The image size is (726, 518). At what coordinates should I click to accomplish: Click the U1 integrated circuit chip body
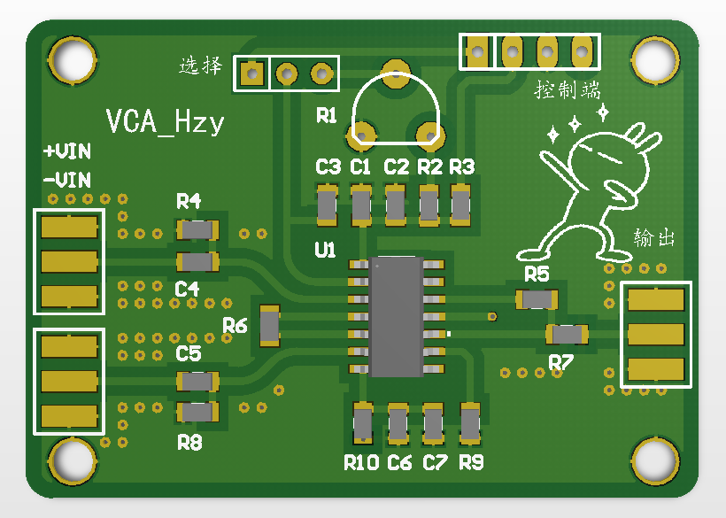pyautogui.click(x=396, y=316)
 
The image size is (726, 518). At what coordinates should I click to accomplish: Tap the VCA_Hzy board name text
pyautogui.click(x=165, y=121)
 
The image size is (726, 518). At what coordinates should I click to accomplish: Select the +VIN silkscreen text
pyautogui.click(x=67, y=151)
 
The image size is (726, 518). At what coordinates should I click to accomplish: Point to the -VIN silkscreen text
pyautogui.click(x=67, y=180)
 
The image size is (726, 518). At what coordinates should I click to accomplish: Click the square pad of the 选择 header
pyautogui.click(x=251, y=73)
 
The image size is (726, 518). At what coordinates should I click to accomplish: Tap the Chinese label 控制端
pyautogui.click(x=568, y=90)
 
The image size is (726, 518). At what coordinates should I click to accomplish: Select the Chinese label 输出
pyautogui.click(x=654, y=238)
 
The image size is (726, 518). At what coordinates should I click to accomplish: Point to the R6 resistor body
pyautogui.click(x=268, y=325)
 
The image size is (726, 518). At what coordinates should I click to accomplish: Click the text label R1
pyautogui.click(x=327, y=116)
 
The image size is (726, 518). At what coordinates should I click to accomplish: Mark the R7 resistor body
pyautogui.click(x=568, y=334)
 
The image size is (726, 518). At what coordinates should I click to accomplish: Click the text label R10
pyautogui.click(x=361, y=462)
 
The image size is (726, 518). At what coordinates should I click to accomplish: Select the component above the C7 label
pyautogui.click(x=433, y=423)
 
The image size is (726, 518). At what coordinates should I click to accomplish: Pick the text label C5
pyautogui.click(x=189, y=354)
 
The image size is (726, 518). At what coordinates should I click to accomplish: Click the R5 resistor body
pyautogui.click(x=537, y=299)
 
